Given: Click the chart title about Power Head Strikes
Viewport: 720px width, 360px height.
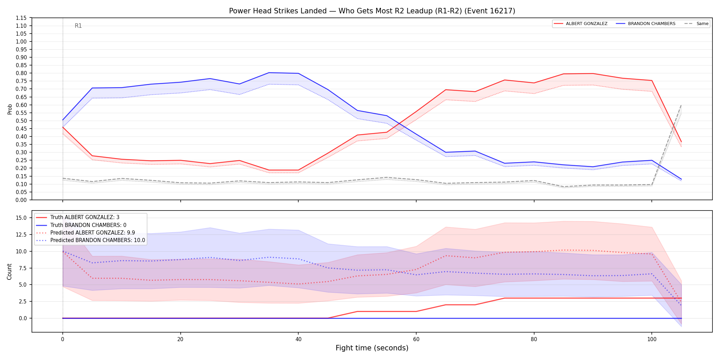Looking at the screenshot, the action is (x=372, y=11).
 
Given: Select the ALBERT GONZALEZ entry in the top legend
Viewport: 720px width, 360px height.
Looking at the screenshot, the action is (x=587, y=24).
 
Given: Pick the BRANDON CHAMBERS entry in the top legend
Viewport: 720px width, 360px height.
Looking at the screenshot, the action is (x=651, y=24).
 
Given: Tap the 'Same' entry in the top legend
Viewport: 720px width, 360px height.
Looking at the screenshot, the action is (x=703, y=24).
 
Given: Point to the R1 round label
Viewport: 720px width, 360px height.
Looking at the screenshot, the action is (x=78, y=26).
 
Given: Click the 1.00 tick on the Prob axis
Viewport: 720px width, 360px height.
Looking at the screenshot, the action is (x=21, y=41).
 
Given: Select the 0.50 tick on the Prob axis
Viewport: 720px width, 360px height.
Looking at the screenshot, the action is (x=21, y=121).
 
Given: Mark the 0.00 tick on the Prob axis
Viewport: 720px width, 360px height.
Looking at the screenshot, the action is (x=21, y=200).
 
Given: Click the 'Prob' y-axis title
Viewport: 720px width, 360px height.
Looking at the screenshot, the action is (x=10, y=109).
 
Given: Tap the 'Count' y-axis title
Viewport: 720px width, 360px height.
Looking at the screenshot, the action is (x=9, y=272).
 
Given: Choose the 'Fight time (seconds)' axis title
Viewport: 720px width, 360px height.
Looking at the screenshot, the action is (x=372, y=348).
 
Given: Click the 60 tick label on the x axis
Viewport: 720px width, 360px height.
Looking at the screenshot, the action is (x=416, y=339).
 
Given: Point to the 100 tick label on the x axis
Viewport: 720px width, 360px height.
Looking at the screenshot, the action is (x=652, y=339).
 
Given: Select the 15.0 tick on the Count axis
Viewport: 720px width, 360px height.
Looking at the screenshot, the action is (x=21, y=218).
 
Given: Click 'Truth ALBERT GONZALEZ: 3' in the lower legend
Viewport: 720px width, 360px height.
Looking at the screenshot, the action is (x=85, y=217).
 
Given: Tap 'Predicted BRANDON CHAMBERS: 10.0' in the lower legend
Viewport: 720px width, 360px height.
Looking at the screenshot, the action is (x=98, y=240).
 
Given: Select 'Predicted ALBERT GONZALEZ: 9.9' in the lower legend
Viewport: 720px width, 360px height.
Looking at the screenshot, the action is (x=93, y=232).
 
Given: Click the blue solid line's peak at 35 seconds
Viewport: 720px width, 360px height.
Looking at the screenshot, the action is (x=269, y=73).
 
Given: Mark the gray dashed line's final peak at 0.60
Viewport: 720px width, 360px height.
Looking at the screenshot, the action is (x=681, y=105).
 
